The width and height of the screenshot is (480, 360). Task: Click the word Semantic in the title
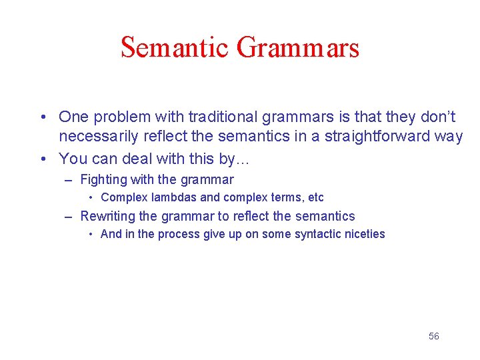175,48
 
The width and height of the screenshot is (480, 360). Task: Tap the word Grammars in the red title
298,48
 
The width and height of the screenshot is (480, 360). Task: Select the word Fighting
104,179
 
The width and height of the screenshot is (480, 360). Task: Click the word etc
315,197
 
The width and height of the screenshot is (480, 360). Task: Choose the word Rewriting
107,216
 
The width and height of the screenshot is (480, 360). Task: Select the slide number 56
433,336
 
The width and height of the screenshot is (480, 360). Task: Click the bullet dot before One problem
42,118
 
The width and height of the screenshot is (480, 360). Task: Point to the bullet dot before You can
42,159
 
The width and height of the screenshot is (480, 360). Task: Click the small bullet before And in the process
91,235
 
